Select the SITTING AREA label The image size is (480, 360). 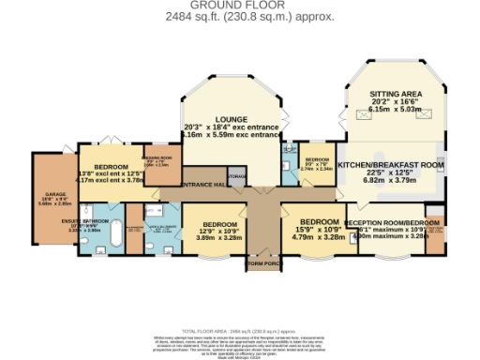coord(393,95)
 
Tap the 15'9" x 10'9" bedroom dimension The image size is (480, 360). coord(306,230)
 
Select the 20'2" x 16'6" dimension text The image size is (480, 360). coord(394,102)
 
